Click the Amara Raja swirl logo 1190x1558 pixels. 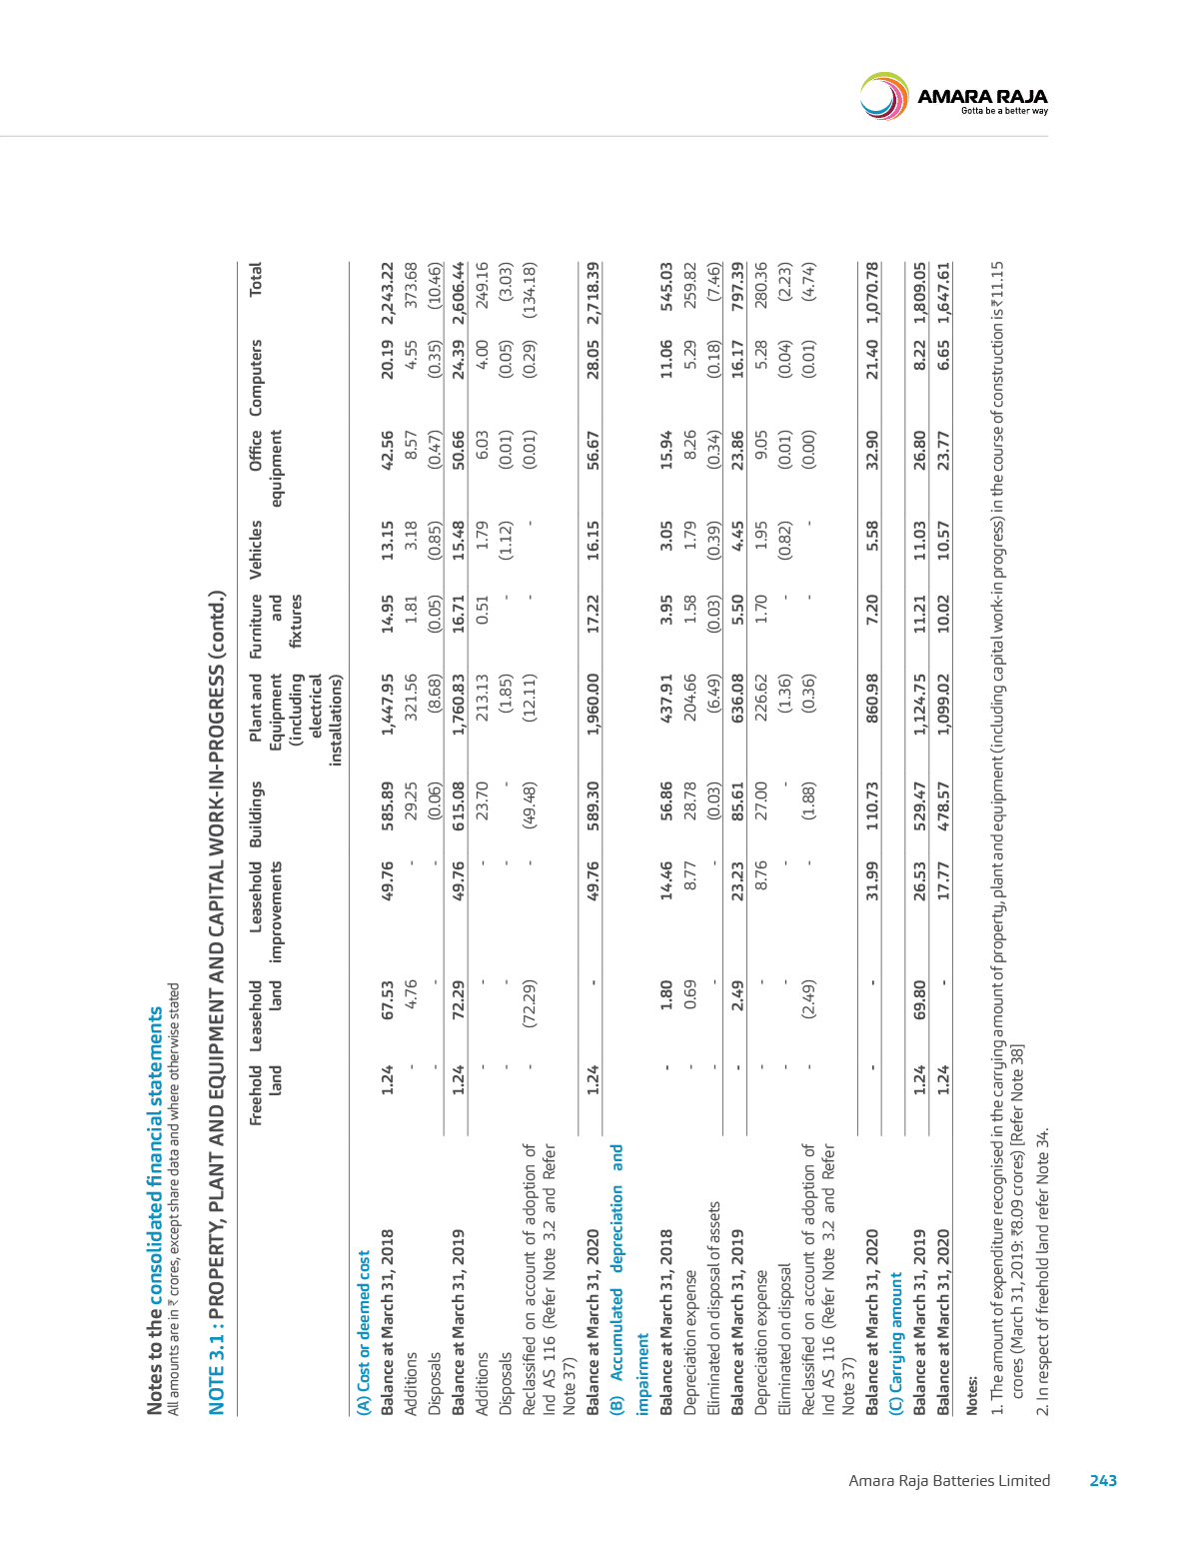click(x=883, y=95)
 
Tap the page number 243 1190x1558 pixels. click(x=1103, y=1481)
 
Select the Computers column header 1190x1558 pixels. click(x=255, y=378)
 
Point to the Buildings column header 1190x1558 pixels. click(x=255, y=814)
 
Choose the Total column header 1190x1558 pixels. click(x=255, y=279)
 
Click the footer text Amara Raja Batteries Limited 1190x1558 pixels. click(x=949, y=1481)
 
